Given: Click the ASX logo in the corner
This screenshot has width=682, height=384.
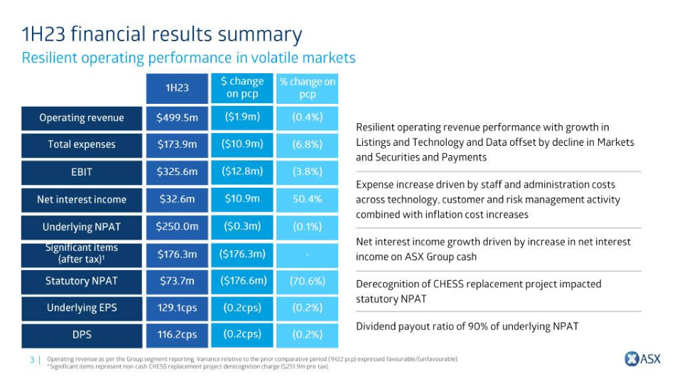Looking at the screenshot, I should (x=642, y=359).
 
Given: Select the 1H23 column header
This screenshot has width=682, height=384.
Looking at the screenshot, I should (x=177, y=87).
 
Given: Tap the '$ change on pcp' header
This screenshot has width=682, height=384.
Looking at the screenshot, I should (x=242, y=87).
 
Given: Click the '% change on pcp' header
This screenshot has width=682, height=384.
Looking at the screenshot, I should (x=307, y=87).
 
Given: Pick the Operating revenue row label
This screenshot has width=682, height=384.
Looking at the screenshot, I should (x=82, y=118).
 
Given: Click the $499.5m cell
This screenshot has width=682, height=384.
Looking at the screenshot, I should (x=177, y=118).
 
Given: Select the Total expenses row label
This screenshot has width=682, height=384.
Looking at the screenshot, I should (x=82, y=145).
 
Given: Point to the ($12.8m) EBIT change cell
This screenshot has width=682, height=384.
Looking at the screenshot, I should (x=242, y=171).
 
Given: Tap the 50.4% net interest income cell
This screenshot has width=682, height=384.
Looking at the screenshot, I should (x=307, y=199).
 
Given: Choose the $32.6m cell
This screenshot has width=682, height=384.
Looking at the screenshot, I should (x=177, y=199).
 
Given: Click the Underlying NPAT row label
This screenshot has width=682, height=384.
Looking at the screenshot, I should (x=82, y=227).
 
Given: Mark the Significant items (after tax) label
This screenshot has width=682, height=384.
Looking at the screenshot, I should (x=82, y=254).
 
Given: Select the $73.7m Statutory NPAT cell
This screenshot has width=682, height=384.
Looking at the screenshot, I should (x=177, y=281).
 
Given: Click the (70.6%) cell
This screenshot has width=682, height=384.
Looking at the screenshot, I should (x=307, y=281).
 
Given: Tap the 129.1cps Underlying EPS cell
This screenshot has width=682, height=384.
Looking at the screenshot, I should (x=177, y=308).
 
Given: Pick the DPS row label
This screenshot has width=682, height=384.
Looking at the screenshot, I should (x=82, y=334).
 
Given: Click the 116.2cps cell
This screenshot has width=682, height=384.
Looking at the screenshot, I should (x=177, y=334).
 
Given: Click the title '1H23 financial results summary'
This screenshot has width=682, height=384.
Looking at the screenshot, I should (x=162, y=34).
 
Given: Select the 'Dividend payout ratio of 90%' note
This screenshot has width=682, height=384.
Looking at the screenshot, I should (x=467, y=326).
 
